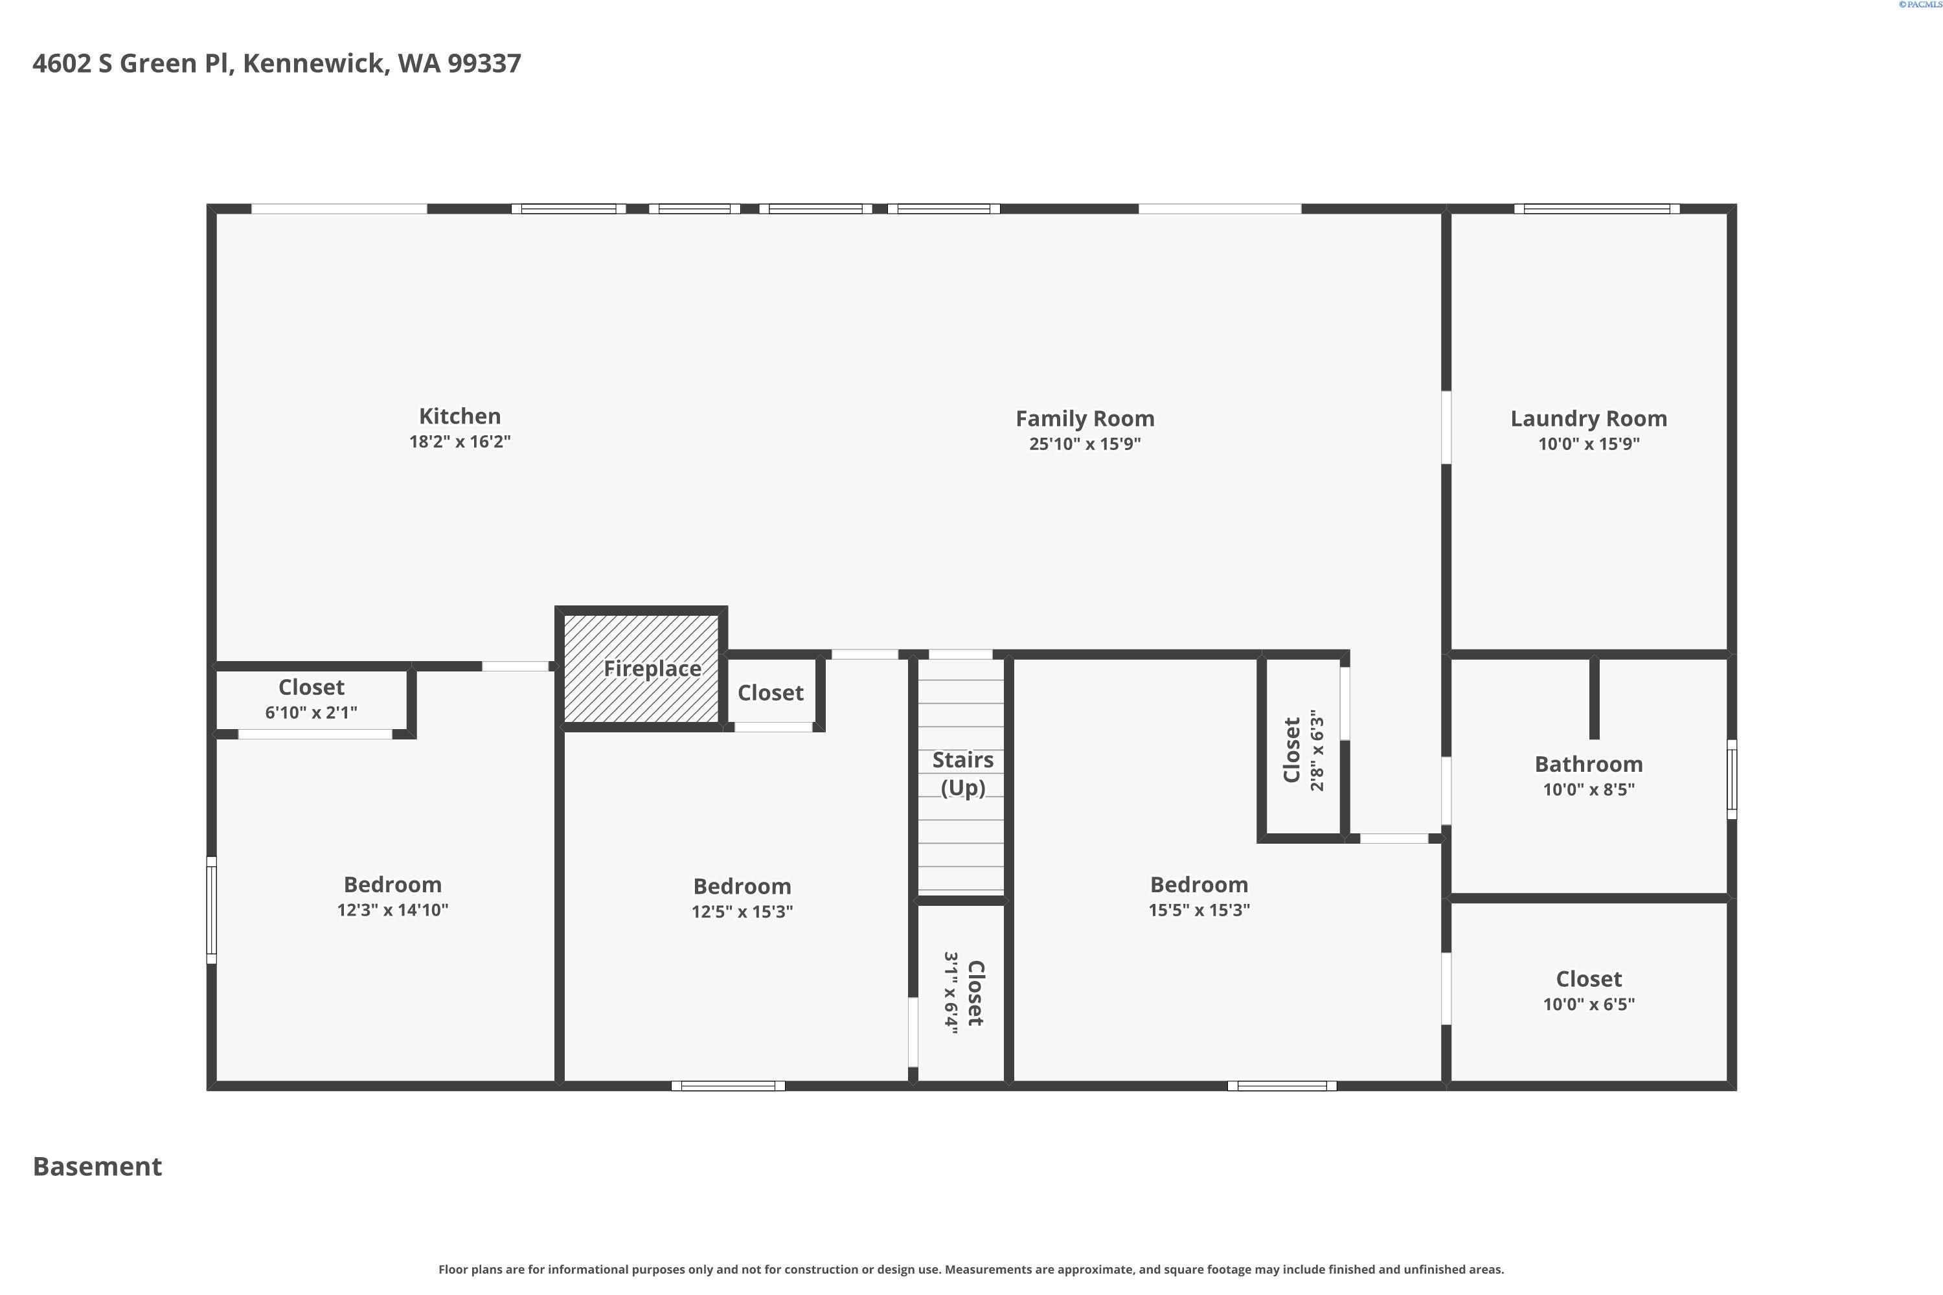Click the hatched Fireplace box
coord(642,668)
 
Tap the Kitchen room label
coord(459,416)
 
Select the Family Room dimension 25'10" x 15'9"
coord(1085,444)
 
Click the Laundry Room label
coord(1588,419)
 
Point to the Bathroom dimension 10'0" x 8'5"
coord(1588,789)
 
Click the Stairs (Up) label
coord(962,773)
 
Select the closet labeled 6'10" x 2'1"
coord(312,699)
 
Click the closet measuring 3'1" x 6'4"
coord(962,993)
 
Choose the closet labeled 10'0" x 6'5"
coord(1588,991)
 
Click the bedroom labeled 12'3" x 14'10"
coord(392,896)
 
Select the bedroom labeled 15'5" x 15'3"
coord(1199,896)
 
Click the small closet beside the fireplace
coord(770,693)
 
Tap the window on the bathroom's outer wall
coord(1731,779)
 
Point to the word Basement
coord(98,1166)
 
